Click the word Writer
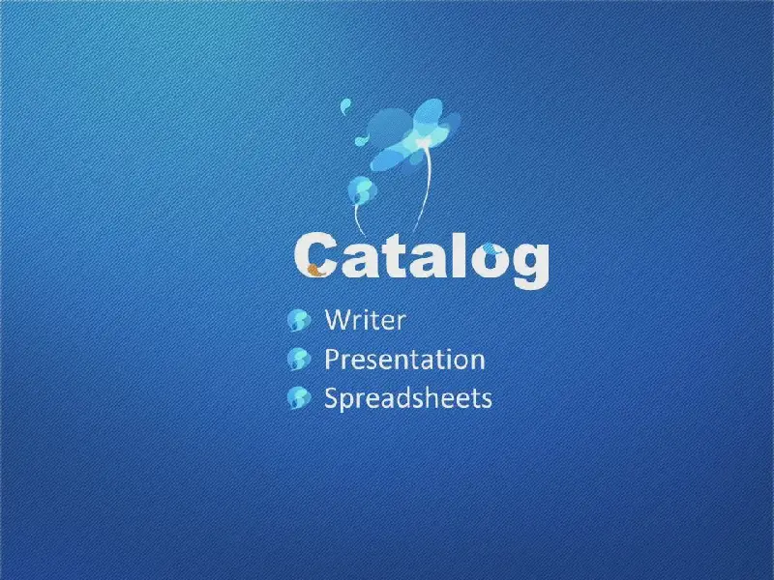click(366, 320)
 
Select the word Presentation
click(404, 359)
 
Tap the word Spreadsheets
click(407, 397)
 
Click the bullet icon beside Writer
click(299, 321)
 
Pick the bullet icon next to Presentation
click(299, 359)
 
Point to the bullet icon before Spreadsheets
click(299, 397)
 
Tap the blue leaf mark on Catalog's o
click(490, 248)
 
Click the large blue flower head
click(415, 134)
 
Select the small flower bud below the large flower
click(362, 189)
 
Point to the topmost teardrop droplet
click(345, 105)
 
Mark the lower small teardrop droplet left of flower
click(363, 139)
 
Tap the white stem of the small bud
click(358, 217)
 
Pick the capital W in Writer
click(336, 320)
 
